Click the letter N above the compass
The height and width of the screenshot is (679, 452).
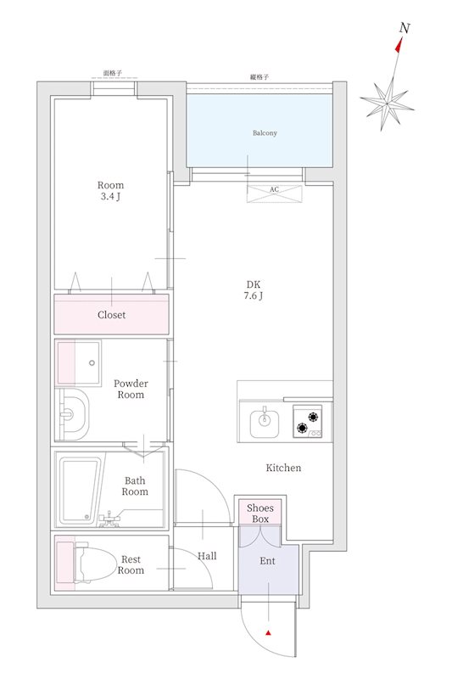click(x=405, y=28)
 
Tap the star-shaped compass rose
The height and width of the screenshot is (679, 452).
click(x=387, y=104)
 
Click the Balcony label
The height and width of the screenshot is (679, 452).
click(x=265, y=133)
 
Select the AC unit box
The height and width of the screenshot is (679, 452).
click(x=274, y=194)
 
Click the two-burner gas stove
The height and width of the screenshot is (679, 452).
click(x=308, y=421)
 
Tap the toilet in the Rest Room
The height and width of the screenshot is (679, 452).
click(x=94, y=562)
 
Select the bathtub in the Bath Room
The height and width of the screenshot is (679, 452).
click(x=81, y=491)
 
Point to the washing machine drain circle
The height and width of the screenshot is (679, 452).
click(x=92, y=363)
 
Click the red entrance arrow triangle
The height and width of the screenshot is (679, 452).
click(x=268, y=633)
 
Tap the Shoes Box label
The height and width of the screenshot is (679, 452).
click(x=260, y=513)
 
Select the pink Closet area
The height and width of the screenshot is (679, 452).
click(x=111, y=314)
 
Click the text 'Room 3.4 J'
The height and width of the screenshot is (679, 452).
click(x=110, y=190)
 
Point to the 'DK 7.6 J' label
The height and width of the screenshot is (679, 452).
click(x=254, y=290)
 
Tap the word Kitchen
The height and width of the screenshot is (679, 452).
click(x=283, y=468)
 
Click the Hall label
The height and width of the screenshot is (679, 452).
click(x=207, y=556)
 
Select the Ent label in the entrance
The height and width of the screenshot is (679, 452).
click(x=267, y=561)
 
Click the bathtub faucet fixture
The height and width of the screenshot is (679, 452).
click(x=109, y=519)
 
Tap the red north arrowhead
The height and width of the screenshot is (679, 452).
click(x=399, y=45)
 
